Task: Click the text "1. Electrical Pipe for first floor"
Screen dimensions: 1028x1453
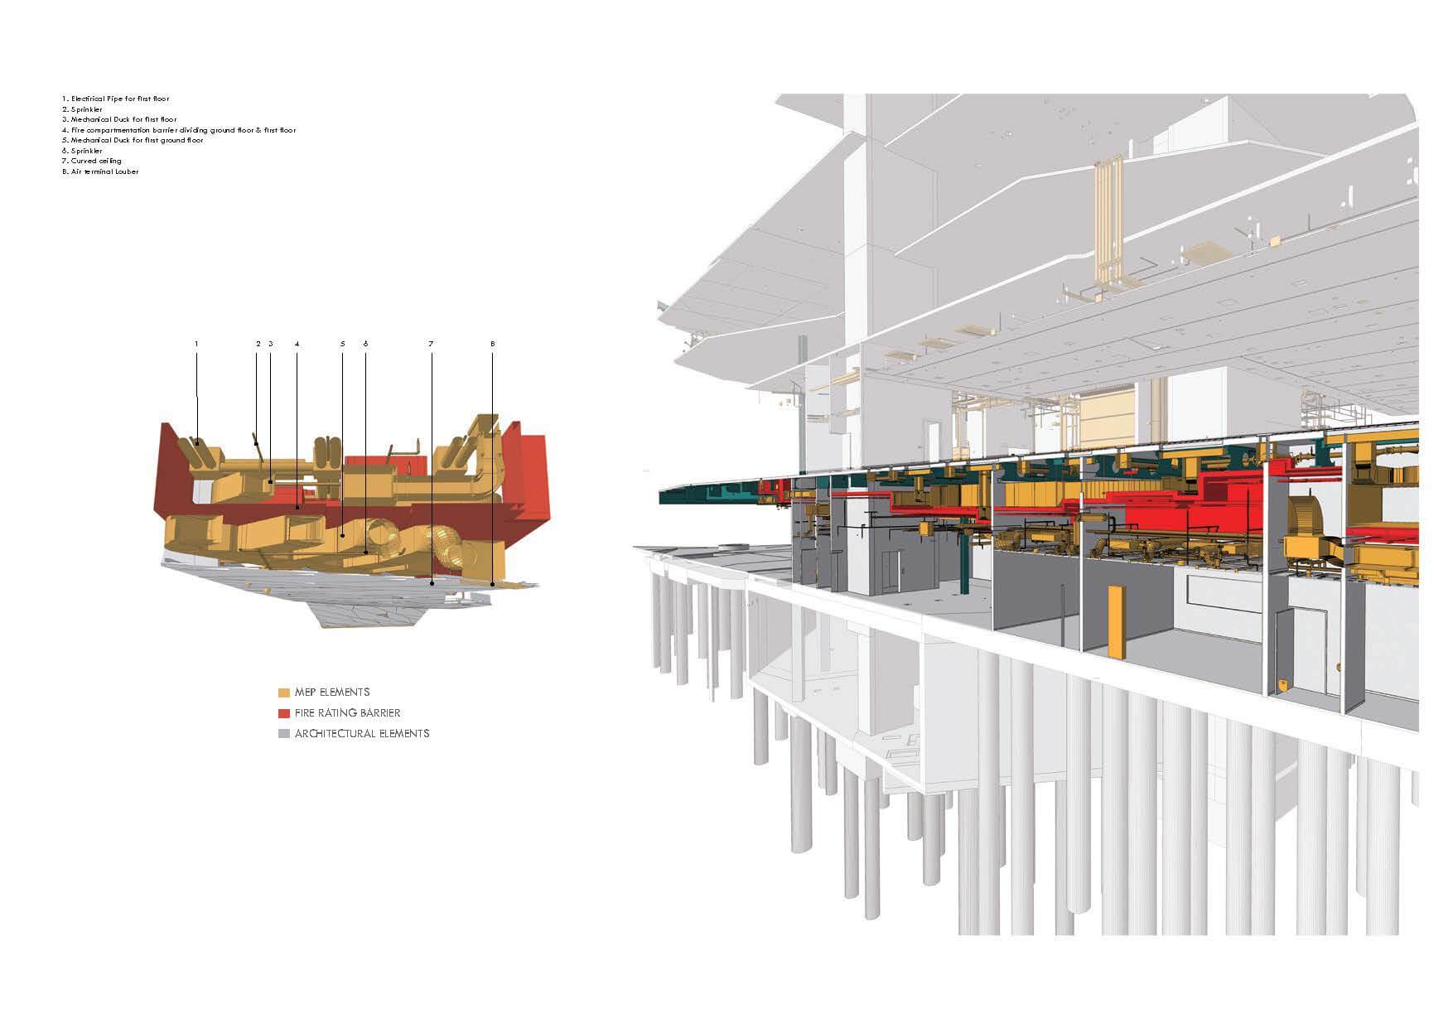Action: click(115, 99)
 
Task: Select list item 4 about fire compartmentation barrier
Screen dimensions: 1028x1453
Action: click(178, 130)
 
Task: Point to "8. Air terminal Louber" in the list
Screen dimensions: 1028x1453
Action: click(100, 171)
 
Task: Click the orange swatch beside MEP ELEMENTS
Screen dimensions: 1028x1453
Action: click(284, 693)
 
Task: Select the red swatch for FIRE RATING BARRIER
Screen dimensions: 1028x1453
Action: click(284, 713)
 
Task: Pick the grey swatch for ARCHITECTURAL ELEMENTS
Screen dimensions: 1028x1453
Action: click(284, 734)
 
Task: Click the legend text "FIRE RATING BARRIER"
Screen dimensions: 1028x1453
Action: click(347, 713)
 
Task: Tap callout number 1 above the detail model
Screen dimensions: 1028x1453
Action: click(196, 343)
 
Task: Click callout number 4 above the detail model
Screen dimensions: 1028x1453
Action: click(297, 343)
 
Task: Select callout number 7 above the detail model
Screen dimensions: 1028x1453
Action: click(431, 343)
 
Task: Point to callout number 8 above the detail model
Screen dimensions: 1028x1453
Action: click(492, 343)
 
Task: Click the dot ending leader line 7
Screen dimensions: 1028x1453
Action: click(432, 584)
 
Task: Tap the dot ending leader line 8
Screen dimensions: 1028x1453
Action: click(493, 584)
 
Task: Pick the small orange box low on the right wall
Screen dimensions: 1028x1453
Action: click(1283, 686)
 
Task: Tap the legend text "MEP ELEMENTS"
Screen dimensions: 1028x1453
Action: click(331, 693)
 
